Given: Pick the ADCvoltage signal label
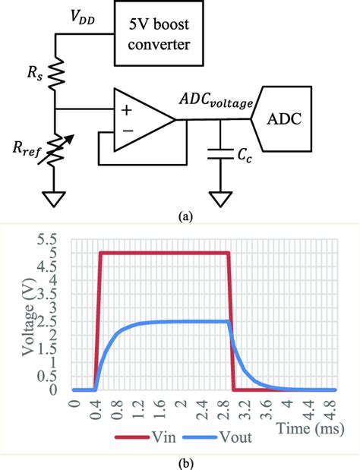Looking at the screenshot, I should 216,102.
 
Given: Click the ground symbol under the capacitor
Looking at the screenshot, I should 221,199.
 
